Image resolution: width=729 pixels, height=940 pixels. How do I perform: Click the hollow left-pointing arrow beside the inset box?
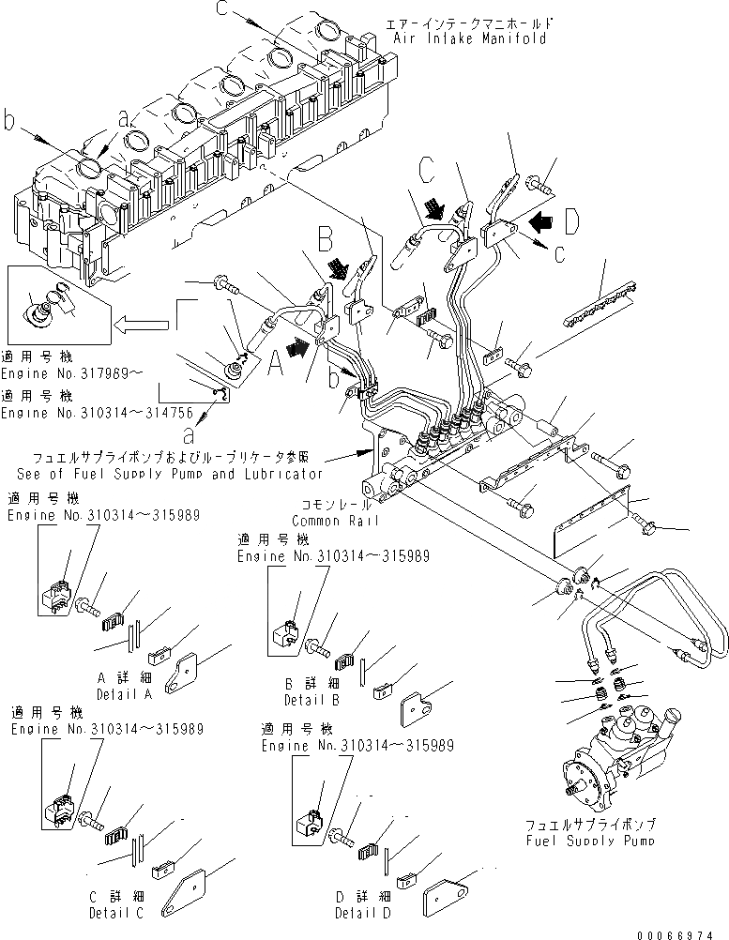pos(140,326)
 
